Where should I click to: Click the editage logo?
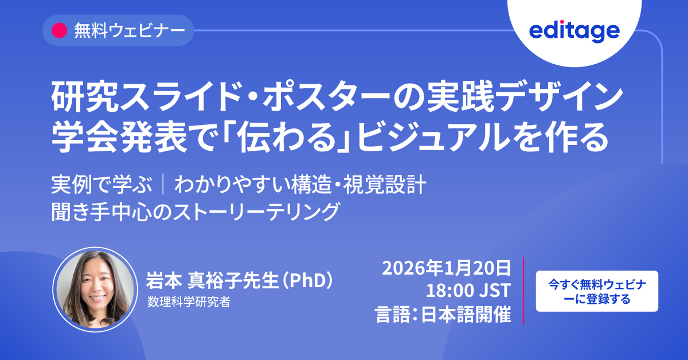[x=574, y=32]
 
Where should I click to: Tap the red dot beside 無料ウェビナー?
[x=59, y=30]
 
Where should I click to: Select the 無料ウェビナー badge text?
[x=130, y=31]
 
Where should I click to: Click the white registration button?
[x=597, y=291]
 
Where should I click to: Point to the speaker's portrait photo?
[x=96, y=289]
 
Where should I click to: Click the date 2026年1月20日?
[x=446, y=268]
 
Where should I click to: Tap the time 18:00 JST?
[x=468, y=290]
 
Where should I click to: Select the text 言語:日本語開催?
[x=443, y=314]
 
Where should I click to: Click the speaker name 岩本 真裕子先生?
[x=212, y=280]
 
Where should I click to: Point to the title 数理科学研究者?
[x=189, y=302]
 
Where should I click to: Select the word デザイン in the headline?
[x=558, y=97]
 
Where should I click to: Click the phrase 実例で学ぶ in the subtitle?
[x=101, y=185]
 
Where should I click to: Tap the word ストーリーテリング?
[x=256, y=212]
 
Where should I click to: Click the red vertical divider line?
[x=523, y=291]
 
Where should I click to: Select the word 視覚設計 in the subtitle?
[x=385, y=185]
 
